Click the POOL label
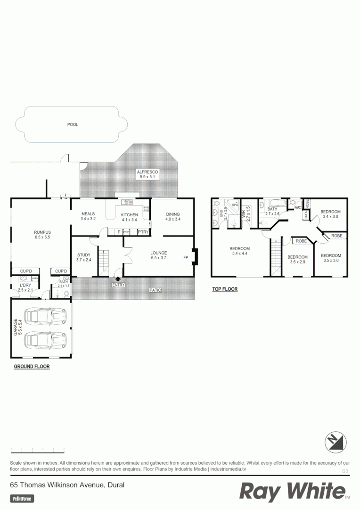(73, 124)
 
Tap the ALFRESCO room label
(147, 172)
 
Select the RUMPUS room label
(42, 232)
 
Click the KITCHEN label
(129, 214)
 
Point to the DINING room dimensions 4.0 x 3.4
(172, 219)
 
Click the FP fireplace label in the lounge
(185, 258)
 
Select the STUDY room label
(83, 255)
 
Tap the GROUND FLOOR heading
(32, 366)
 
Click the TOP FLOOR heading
(225, 289)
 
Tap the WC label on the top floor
(297, 207)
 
